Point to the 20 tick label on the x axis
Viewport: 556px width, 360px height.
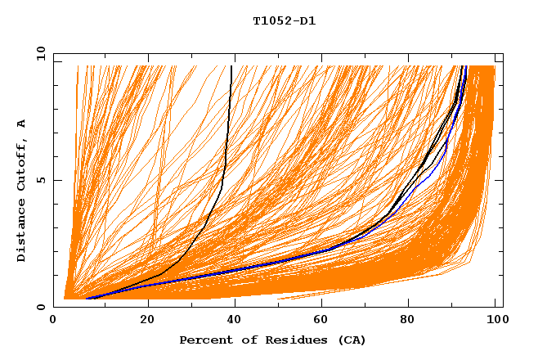pyautogui.click(x=148, y=319)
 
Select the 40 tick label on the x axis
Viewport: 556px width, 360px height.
pyautogui.click(x=235, y=319)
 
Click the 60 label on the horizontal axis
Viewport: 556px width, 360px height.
pyautogui.click(x=321, y=319)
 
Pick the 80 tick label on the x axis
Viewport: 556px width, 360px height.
pyautogui.click(x=408, y=319)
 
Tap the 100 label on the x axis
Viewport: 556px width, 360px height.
pyautogui.click(x=495, y=319)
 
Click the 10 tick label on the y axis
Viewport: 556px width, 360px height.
pyautogui.click(x=41, y=53)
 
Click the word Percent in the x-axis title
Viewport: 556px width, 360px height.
pyautogui.click(x=204, y=340)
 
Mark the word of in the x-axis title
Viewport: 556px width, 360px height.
pyautogui.click(x=244, y=340)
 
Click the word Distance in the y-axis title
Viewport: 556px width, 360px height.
pyautogui.click(x=22, y=232)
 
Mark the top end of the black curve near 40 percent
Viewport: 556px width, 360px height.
pyautogui.click(x=231, y=66)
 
